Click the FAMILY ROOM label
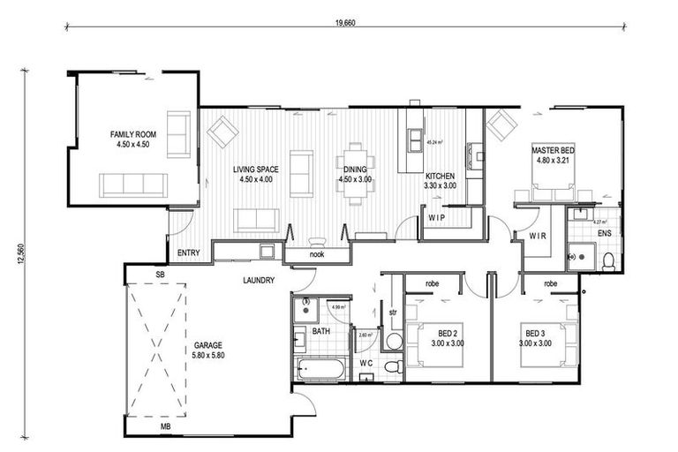coord(132,139)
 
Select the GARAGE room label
coord(208,350)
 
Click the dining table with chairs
coord(356,174)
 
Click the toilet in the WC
coord(395,365)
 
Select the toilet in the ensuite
coord(608,260)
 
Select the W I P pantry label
coord(437,216)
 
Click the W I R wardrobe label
coord(539,236)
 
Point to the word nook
coord(316,254)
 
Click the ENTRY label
coord(188,253)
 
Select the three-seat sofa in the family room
coord(133,185)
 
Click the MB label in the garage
coord(165,427)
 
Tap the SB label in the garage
coord(160,275)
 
